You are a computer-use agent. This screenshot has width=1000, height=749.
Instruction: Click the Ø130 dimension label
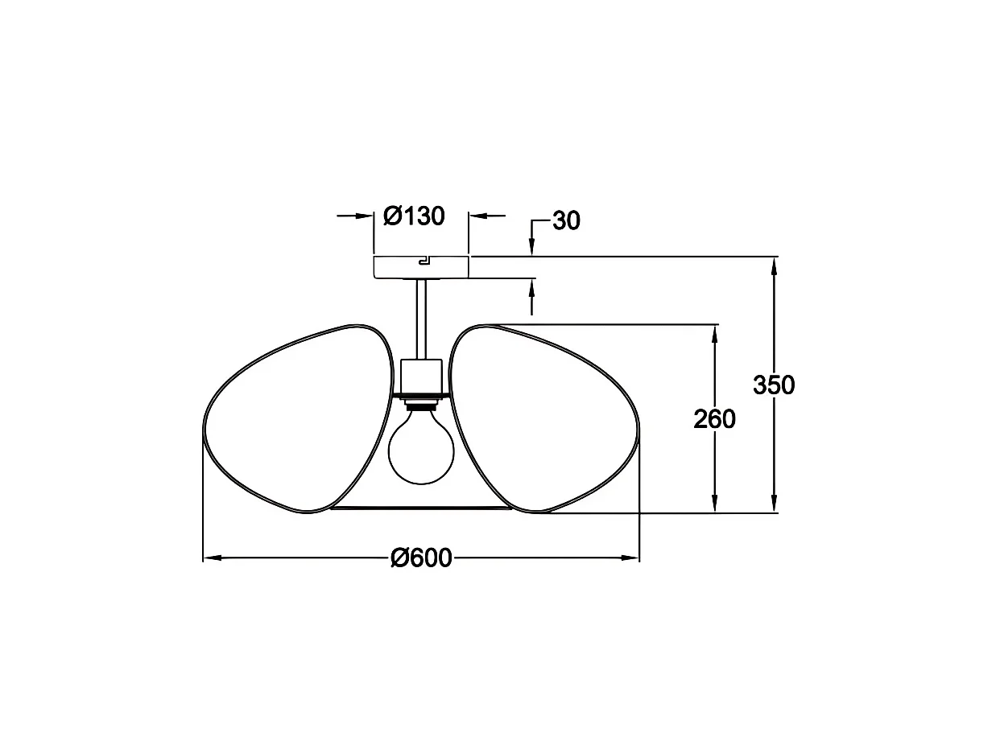point(414,216)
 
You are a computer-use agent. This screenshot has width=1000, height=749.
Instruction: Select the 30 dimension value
point(566,220)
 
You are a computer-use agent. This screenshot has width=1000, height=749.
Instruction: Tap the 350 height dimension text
point(774,385)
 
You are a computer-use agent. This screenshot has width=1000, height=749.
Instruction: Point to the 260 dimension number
point(714,419)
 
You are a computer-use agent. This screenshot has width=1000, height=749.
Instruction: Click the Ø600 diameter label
point(421,558)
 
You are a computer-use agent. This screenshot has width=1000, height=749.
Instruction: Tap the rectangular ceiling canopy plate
point(421,268)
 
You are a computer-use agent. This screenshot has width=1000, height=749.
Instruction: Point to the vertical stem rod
point(421,319)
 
